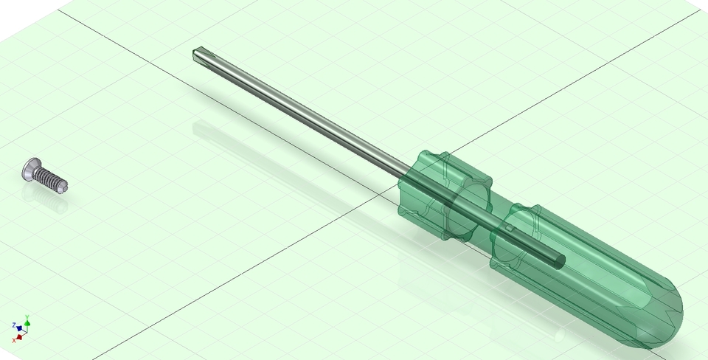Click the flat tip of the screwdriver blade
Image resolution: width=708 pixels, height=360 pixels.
click(198, 55)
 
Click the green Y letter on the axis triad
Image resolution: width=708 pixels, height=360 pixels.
click(27, 317)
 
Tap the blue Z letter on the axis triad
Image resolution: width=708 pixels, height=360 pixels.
click(14, 325)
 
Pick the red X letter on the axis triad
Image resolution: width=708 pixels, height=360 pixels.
click(14, 339)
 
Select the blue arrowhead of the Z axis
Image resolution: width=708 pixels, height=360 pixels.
click(18, 328)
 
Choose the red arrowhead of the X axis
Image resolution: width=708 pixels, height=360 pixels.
click(19, 336)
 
